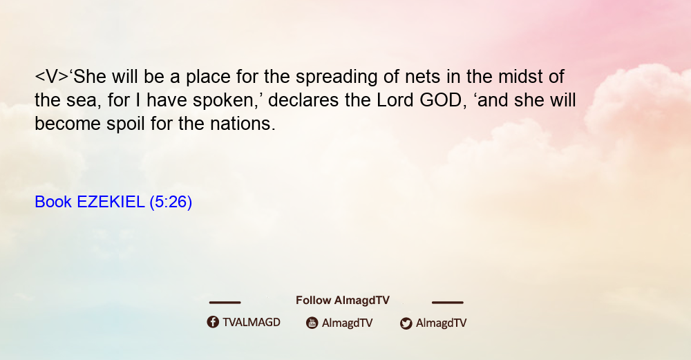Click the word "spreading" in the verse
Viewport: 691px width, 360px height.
pos(337,77)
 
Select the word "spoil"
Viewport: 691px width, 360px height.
pos(126,124)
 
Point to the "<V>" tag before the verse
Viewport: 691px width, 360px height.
pos(52,77)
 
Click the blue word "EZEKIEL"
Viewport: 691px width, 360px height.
pos(111,202)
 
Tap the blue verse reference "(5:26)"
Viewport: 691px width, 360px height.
pos(171,202)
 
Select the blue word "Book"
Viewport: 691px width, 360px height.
pos(53,202)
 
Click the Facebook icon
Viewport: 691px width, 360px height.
pos(213,322)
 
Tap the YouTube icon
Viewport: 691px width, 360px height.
pos(312,323)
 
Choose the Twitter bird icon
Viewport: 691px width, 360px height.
pos(406,323)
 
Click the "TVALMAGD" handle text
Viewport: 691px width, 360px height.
pos(252,323)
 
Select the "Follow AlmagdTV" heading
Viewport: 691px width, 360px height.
pos(343,301)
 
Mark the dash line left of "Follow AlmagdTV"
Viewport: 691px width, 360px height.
pos(225,303)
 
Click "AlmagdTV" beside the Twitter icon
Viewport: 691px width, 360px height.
pos(441,323)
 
